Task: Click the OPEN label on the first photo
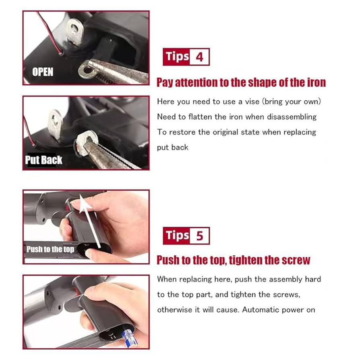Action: click(43, 72)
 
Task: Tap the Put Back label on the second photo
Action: click(43, 160)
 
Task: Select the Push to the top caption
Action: click(50, 249)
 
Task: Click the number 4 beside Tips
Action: click(199, 57)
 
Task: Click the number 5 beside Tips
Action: click(199, 236)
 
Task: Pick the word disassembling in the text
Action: click(294, 117)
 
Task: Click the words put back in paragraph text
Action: click(172, 147)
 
